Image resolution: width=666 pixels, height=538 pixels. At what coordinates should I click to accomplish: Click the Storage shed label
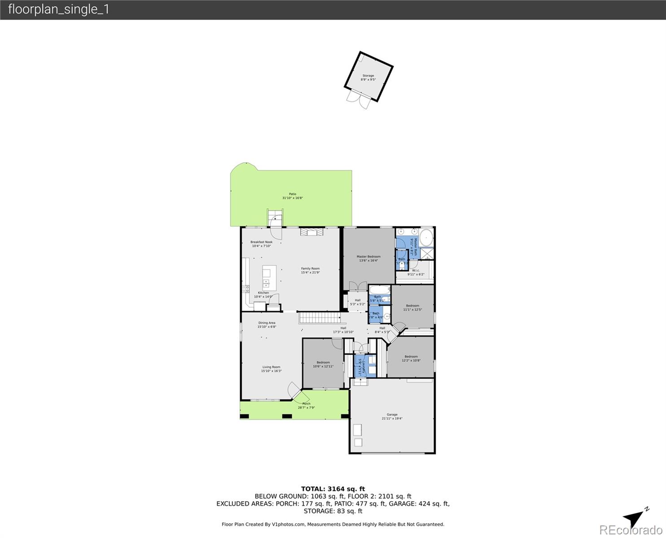click(368, 78)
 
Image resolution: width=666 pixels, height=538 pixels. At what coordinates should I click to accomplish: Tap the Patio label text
click(292, 196)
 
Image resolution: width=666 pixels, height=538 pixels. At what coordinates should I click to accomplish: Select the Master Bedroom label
click(368, 258)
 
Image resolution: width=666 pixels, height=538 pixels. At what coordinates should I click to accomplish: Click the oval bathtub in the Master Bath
click(426, 238)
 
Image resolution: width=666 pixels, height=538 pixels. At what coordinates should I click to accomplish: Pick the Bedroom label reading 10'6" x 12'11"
click(323, 364)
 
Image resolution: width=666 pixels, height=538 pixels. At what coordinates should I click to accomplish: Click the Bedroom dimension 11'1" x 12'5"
click(412, 309)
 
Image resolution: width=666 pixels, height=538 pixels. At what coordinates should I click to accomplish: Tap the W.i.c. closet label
click(416, 272)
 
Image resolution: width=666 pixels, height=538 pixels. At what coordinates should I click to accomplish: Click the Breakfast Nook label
click(261, 244)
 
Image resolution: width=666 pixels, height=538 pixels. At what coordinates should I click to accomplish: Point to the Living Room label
click(271, 369)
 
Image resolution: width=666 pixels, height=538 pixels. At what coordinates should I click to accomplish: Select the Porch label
click(306, 406)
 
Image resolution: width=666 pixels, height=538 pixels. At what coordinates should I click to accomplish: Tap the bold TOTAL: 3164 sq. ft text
click(333, 489)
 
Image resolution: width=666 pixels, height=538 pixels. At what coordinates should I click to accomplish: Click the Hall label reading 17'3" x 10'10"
click(343, 330)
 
